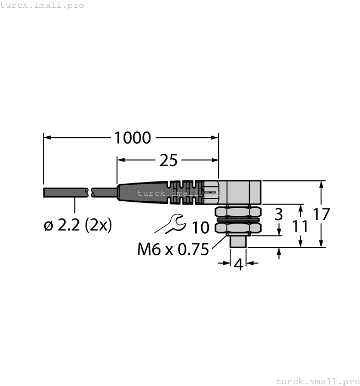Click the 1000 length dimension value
pos(132,137)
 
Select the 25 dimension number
pos(168,160)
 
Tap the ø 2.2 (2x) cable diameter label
pos(77,225)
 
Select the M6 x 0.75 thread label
pos(173,250)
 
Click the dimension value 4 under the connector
pos(238,264)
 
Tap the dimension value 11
pos(300,226)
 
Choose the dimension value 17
pos(321,214)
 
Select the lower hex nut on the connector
pos(237,227)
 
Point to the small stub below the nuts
pos(238,241)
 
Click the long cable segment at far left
pos(65,192)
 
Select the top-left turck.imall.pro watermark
pos(42,5)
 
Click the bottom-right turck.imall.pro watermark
pos(316,381)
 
